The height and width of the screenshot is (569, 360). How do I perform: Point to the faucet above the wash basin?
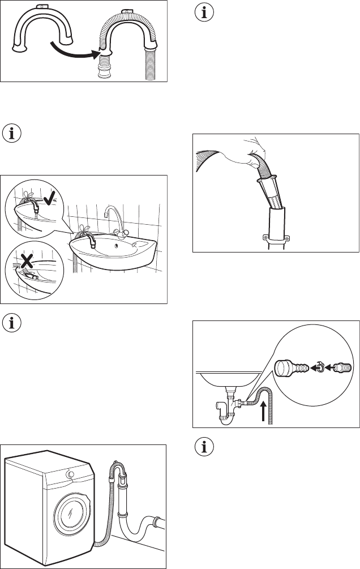pos(113,217)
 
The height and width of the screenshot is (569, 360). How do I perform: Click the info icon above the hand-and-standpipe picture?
pos(202,12)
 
